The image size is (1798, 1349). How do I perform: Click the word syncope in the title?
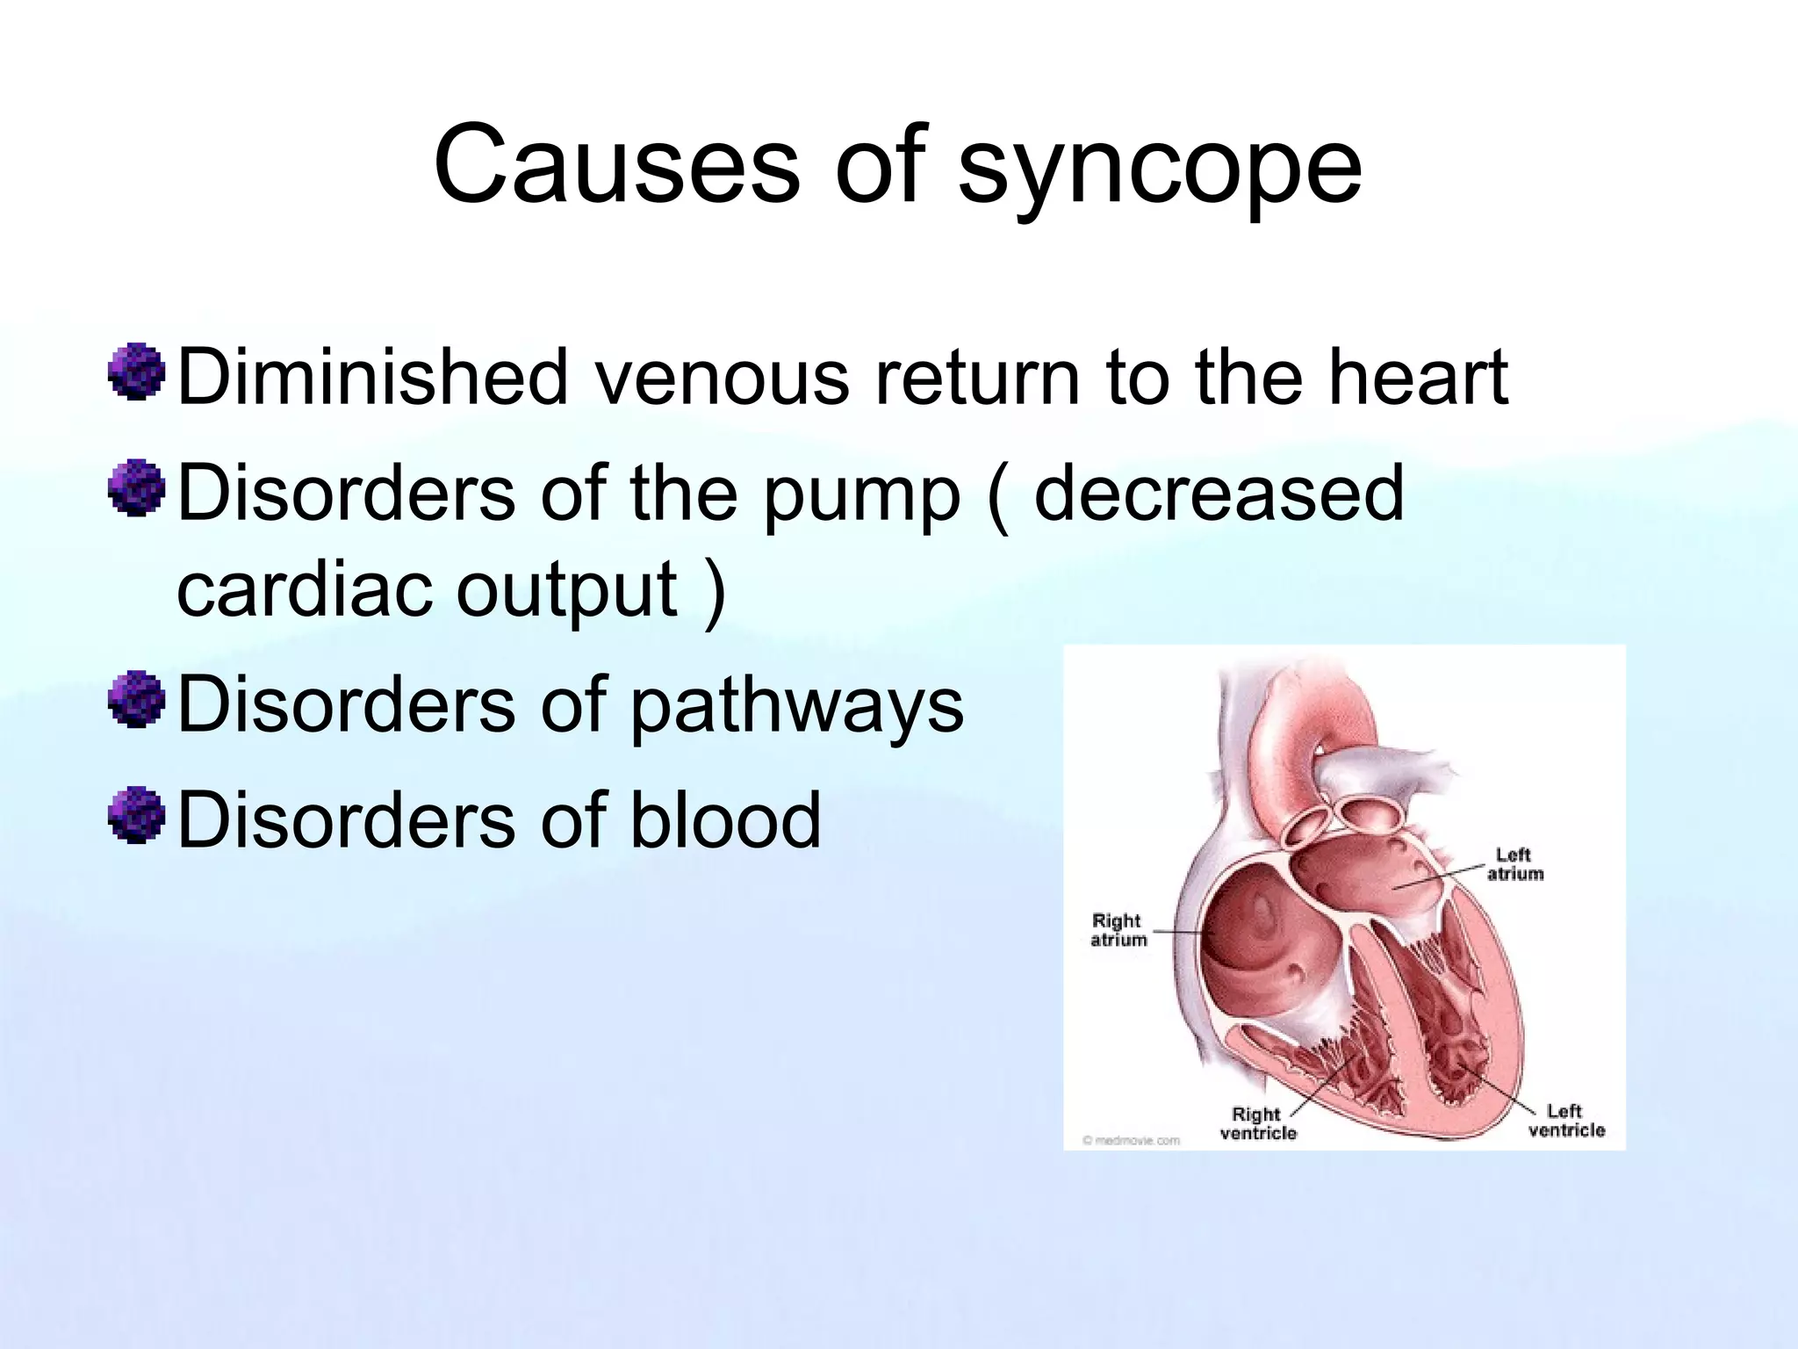1159,167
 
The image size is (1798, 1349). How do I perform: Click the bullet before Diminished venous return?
137,373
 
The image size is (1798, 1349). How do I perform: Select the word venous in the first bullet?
722,378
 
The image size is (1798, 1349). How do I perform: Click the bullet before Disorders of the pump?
137,488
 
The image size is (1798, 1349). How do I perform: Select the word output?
567,590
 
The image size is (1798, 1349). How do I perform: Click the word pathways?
796,707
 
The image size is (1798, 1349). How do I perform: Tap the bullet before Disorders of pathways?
137,700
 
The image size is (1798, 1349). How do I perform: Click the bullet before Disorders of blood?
137,816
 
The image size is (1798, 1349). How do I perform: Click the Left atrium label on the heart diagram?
1514,864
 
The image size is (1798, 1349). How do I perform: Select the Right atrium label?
1118,930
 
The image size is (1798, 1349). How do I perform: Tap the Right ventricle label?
1257,1123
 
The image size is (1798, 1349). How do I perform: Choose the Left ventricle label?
1565,1122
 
